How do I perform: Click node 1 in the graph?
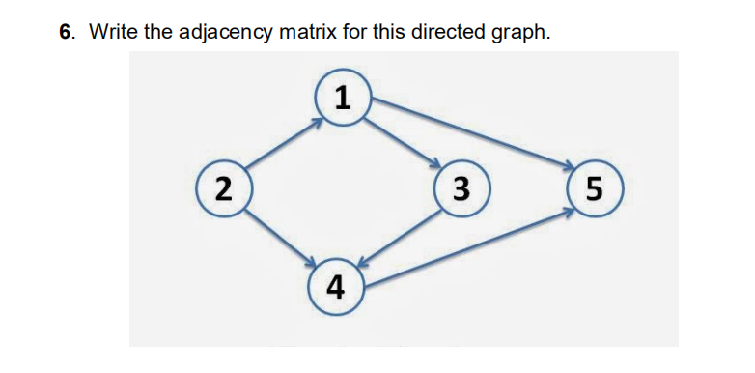pyautogui.click(x=341, y=97)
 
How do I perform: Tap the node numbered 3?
pyautogui.click(x=461, y=186)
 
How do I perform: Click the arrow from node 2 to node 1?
pyautogui.click(x=282, y=141)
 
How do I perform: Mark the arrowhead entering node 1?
pyautogui.click(x=315, y=122)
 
